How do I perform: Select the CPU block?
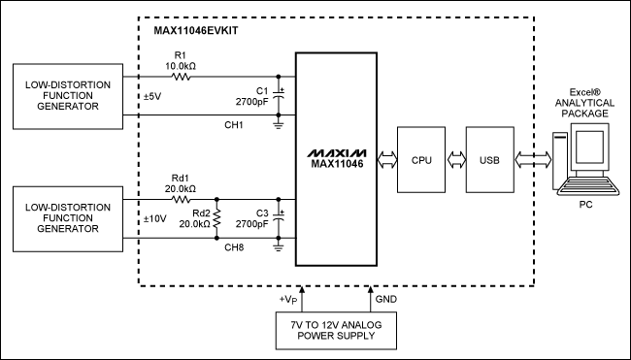421,159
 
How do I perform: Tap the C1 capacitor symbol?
281,96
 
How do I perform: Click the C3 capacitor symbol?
281,221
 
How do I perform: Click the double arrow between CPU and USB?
455,159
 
